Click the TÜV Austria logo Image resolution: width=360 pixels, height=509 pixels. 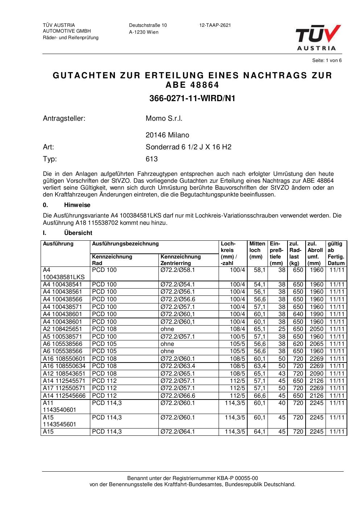(318, 37)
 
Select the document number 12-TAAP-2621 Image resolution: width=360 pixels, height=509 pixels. (215, 25)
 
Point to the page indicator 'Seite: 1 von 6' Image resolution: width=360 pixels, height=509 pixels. (327, 61)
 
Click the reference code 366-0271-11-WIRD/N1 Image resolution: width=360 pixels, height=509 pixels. (192, 98)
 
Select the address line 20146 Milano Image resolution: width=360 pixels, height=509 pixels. (167, 135)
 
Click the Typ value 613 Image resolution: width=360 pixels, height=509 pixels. (152, 159)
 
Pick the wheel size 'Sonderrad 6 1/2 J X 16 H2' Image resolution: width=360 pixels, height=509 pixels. (188, 147)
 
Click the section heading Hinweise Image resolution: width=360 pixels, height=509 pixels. (77, 205)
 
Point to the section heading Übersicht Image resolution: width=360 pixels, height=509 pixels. (78, 233)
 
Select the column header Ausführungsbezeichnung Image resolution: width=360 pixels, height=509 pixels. (125, 244)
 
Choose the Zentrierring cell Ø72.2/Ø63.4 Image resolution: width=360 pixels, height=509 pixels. (178, 366)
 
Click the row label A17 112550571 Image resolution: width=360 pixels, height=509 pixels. (64, 388)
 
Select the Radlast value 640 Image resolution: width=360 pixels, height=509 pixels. (298, 314)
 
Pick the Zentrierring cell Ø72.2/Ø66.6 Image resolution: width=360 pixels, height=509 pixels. (178, 396)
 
